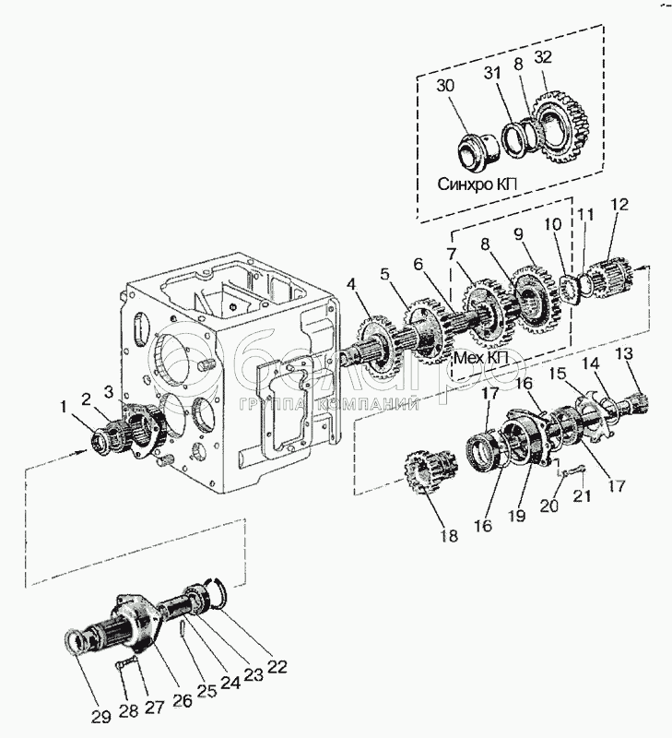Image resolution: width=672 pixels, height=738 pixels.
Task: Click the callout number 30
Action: click(445, 86)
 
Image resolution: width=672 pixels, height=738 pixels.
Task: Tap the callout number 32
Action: click(543, 57)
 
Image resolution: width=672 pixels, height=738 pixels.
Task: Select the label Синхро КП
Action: click(477, 184)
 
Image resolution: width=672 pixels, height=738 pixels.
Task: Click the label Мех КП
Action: click(480, 359)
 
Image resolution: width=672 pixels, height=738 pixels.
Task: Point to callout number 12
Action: click(619, 205)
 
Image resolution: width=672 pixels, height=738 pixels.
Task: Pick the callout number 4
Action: click(352, 284)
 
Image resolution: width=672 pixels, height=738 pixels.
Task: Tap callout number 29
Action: click(101, 717)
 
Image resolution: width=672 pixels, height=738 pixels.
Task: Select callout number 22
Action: click(277, 666)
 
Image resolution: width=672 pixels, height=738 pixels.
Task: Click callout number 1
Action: click(64, 407)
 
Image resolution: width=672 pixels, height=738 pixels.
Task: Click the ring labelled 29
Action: click(75, 642)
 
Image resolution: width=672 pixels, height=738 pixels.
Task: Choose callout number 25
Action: click(207, 690)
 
